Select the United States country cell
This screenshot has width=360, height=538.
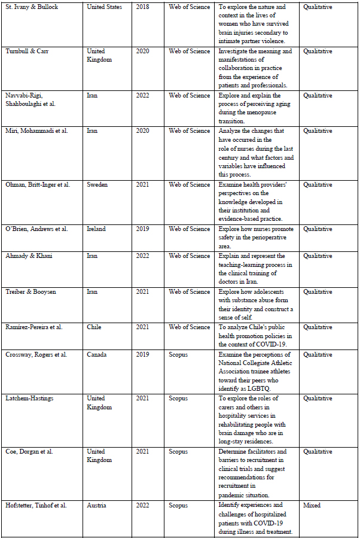(105, 7)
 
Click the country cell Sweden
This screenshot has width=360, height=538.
(97, 185)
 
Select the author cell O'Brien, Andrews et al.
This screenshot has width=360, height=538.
(36, 229)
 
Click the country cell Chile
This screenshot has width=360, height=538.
(95, 327)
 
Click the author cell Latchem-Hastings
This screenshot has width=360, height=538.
(30, 399)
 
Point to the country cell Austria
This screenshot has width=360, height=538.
(97, 506)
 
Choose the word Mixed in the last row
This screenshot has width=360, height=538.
(312, 506)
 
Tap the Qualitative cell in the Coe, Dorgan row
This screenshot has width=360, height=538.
(318, 452)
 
